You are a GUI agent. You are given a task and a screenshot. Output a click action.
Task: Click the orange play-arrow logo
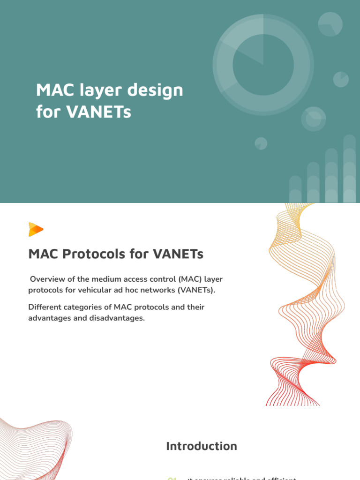[36, 229]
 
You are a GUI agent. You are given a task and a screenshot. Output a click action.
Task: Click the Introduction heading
[202, 446]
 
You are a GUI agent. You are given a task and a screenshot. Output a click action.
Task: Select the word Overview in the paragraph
[46, 279]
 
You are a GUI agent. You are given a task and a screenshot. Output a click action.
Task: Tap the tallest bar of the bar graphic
[349, 169]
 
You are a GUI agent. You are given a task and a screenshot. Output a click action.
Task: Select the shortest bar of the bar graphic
[295, 189]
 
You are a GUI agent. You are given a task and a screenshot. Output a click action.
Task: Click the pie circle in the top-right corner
[330, 24]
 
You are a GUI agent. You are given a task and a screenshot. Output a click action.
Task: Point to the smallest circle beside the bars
[261, 143]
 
